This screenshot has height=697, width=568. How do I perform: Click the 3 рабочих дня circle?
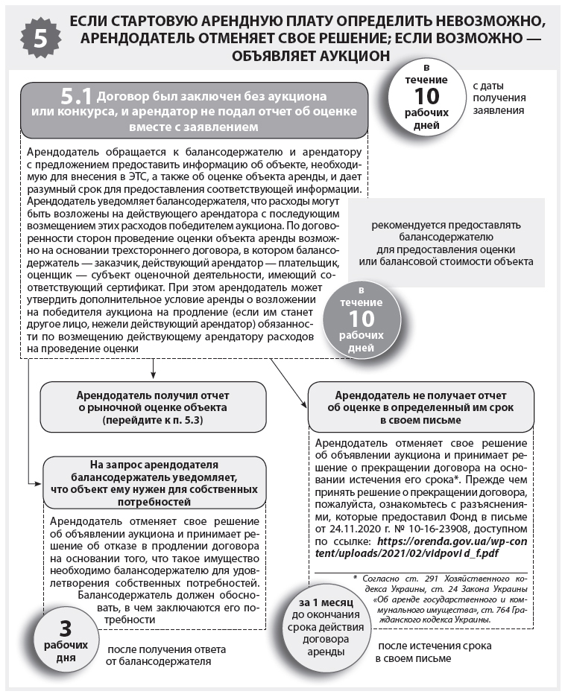(65, 632)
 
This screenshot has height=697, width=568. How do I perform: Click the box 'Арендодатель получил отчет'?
(153, 408)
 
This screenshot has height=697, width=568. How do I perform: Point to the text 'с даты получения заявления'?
(499, 98)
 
